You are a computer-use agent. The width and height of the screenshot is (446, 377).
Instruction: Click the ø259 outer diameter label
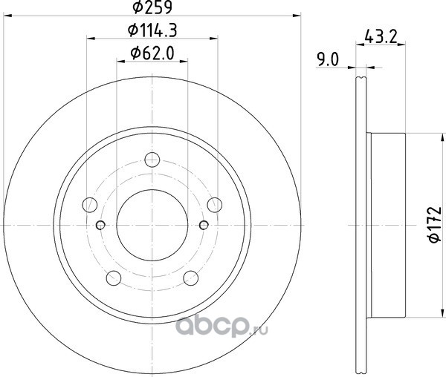pyautogui.click(x=152, y=7)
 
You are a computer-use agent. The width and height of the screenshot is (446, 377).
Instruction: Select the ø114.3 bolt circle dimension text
pyautogui.click(x=152, y=30)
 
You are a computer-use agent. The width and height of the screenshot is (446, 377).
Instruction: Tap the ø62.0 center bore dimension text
pyautogui.click(x=152, y=53)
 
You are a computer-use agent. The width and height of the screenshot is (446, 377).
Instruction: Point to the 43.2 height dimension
pyautogui.click(x=381, y=36)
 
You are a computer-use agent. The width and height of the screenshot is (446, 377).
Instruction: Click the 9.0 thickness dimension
pyautogui.click(x=329, y=60)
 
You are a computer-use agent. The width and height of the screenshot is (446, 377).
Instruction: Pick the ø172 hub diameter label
pyautogui.click(x=435, y=225)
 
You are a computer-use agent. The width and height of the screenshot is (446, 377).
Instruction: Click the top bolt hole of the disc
pyautogui.click(x=152, y=160)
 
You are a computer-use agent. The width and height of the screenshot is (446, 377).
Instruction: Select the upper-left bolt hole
pyautogui.click(x=90, y=205)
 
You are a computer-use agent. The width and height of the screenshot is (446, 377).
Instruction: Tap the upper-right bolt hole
pyautogui.click(x=215, y=205)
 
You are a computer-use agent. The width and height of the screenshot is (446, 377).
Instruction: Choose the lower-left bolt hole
pyautogui.click(x=114, y=278)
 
